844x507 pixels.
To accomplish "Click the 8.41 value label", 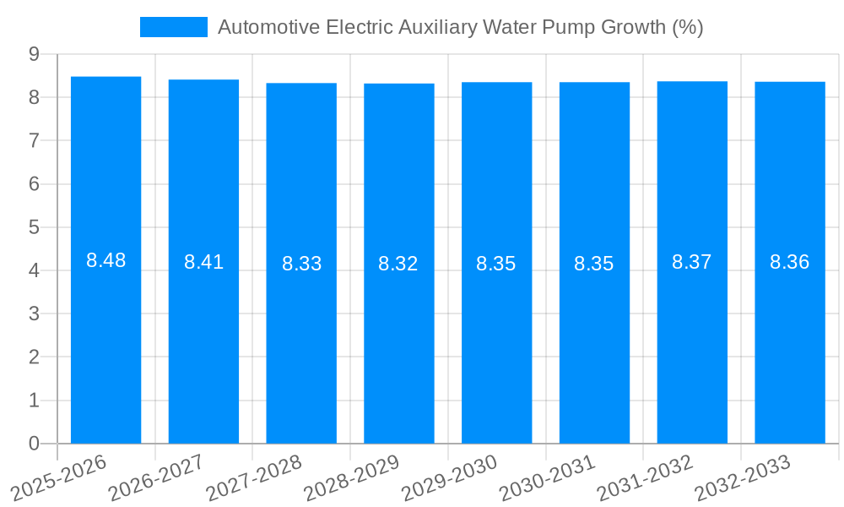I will click(203, 262).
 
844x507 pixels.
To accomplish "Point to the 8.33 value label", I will click(301, 264).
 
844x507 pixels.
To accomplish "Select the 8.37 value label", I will click(692, 262).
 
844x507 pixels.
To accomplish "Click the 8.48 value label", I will click(105, 260).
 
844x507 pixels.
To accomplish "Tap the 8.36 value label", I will click(790, 262).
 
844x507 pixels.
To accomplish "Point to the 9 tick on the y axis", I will click(34, 54).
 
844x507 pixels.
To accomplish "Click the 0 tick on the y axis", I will click(34, 444).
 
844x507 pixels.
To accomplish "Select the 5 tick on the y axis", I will click(34, 227).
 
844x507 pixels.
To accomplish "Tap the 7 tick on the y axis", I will click(34, 140).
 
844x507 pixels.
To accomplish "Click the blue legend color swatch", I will click(173, 27).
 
